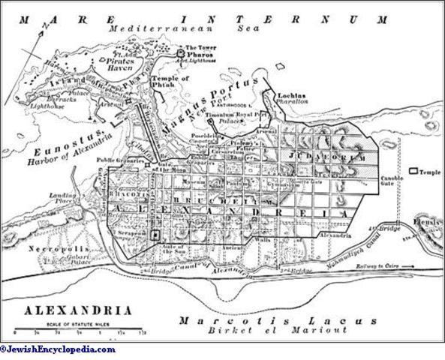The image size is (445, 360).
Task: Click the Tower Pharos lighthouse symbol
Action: point(181,54)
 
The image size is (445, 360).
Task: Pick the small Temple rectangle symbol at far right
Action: point(413,171)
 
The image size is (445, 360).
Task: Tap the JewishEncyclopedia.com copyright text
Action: point(59,349)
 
